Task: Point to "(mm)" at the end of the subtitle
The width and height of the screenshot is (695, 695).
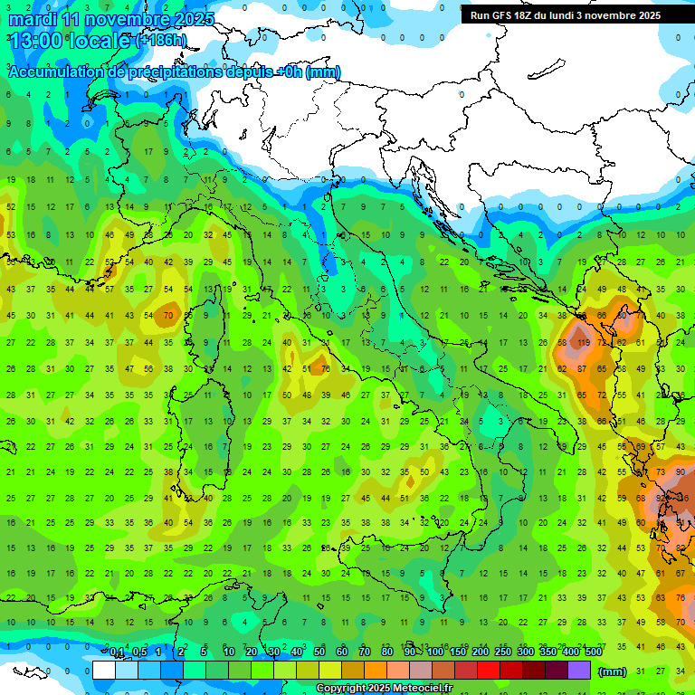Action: coord(323,72)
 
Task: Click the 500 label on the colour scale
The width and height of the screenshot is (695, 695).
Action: coord(594,652)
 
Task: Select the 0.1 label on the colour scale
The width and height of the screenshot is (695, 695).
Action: coord(118,652)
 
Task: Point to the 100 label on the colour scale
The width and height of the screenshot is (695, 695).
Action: coord(435,652)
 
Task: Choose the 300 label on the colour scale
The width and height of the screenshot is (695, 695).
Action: coord(526,652)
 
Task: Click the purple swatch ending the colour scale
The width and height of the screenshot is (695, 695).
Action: coord(579,670)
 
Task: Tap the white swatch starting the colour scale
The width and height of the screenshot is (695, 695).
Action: coord(104,670)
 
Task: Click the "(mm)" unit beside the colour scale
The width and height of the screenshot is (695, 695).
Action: coord(613,671)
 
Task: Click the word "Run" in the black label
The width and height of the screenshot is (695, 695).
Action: coord(481,15)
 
